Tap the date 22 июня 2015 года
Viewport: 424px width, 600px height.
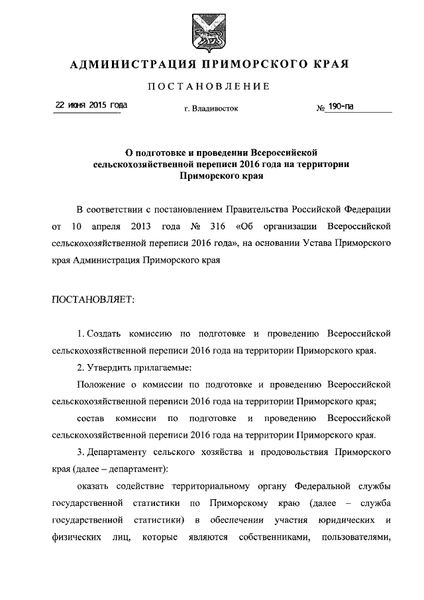point(91,105)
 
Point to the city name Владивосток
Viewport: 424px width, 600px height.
point(211,108)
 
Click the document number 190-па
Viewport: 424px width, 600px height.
point(341,105)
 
